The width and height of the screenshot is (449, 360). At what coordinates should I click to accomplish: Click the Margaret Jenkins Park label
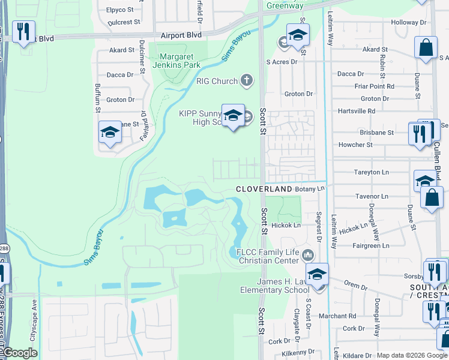pos(176,61)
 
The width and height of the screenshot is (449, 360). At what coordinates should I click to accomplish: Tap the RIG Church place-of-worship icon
pos(246,80)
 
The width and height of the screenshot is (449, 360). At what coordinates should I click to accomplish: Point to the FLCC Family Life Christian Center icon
pos(309,256)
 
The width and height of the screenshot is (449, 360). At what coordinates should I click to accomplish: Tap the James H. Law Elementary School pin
pos(318,275)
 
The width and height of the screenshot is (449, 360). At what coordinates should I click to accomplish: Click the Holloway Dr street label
pos(408,22)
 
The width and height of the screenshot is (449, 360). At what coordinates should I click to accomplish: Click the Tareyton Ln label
pos(372,172)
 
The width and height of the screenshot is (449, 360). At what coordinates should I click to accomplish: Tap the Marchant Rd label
pos(337,316)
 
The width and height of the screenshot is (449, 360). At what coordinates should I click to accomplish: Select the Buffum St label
pos(97,98)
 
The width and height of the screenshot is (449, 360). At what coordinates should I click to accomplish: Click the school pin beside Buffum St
pos(110,132)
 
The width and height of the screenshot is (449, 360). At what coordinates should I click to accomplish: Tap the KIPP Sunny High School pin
pos(233,116)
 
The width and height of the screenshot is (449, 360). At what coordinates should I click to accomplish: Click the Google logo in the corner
pos(19,353)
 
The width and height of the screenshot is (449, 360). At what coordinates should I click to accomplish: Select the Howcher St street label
pos(355,145)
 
